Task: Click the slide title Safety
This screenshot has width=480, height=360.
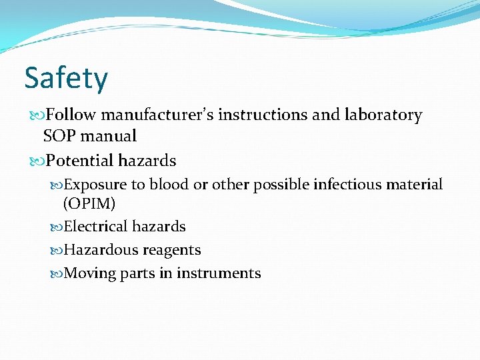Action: [65, 79]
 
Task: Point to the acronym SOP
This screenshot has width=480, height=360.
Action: [58, 136]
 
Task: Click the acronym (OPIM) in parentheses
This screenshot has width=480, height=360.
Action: [89, 203]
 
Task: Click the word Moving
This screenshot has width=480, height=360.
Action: [90, 273]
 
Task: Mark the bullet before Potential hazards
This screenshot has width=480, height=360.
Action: [37, 161]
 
